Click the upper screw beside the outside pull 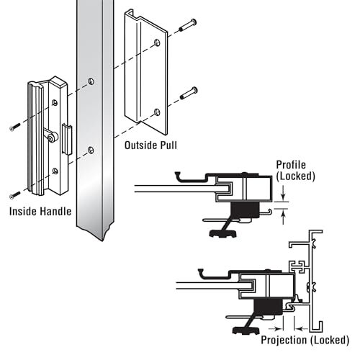tap(188, 25)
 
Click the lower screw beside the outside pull tap(189, 93)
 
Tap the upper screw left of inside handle tap(15, 127)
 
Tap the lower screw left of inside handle tap(15, 194)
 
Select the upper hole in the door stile tap(91, 81)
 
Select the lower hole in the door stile tap(91, 150)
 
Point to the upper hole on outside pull tap(157, 42)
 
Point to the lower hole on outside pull tap(157, 112)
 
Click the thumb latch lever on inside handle tap(50, 135)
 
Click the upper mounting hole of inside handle tap(55, 103)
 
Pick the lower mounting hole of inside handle tap(55, 171)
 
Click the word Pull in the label tap(168, 145)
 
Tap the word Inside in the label tap(23, 212)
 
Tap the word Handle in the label tap(55, 212)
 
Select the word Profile tap(291, 165)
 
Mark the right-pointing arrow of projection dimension tap(276, 328)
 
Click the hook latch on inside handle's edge tap(67, 139)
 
